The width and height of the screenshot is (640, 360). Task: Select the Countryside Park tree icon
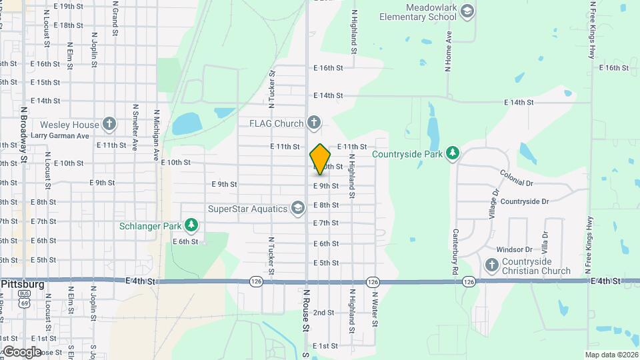coord(453,154)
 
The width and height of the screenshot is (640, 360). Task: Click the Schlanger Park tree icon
coord(191,225)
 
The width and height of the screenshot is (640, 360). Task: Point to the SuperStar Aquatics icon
coord(298,209)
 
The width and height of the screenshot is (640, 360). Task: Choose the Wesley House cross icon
coord(109,124)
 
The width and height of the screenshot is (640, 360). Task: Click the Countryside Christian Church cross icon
coord(492,266)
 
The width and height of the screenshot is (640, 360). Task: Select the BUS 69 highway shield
coord(25,298)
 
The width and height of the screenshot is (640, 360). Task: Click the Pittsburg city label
coord(23,284)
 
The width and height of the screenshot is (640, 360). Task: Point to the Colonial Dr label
coord(517,178)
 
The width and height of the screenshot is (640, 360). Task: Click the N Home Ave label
coord(449,46)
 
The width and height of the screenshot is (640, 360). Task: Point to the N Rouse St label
coord(306,309)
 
